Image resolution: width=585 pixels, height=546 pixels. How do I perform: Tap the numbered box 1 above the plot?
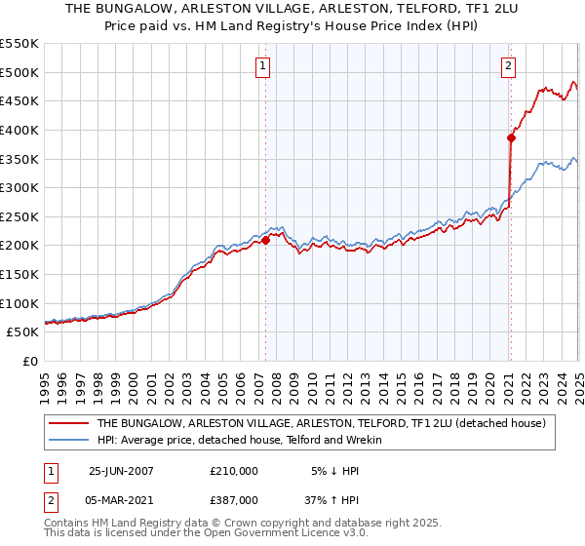(x=264, y=66)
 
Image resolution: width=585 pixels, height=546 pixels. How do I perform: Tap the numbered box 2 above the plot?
(x=509, y=66)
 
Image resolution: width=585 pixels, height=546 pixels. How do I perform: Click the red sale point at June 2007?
(x=265, y=239)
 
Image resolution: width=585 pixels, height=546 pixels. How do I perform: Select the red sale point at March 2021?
(x=510, y=137)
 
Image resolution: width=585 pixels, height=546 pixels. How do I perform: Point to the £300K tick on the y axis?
(x=22, y=187)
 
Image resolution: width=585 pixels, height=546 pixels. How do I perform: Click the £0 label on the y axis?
(x=30, y=361)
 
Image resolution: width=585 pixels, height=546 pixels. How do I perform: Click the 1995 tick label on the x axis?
(x=45, y=381)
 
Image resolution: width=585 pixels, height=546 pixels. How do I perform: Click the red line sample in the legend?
(x=68, y=424)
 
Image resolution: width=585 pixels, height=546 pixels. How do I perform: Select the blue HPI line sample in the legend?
(x=68, y=440)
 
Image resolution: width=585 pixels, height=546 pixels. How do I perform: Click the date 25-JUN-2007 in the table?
(x=121, y=470)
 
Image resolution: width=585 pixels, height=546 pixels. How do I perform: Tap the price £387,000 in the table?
(x=234, y=499)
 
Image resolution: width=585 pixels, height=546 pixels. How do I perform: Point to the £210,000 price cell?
(x=234, y=470)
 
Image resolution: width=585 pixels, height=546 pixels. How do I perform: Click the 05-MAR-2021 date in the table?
(x=121, y=499)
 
